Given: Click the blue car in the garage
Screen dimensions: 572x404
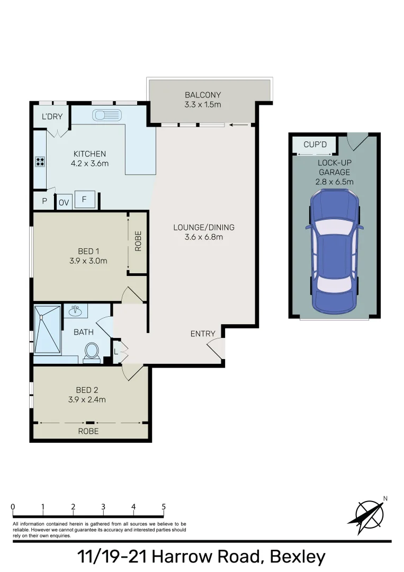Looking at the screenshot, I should click(x=334, y=252).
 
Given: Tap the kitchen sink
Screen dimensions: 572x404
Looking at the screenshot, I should click(x=107, y=115).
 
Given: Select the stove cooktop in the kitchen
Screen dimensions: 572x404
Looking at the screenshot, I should click(x=40, y=162).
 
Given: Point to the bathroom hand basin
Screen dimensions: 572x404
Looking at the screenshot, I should click(x=76, y=310).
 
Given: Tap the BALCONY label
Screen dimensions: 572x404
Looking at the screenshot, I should click(x=203, y=95).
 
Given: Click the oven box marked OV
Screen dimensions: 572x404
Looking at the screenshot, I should click(x=64, y=202).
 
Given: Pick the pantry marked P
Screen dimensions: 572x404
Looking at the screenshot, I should click(x=44, y=201).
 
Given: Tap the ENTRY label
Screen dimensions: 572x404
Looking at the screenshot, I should click(x=203, y=334).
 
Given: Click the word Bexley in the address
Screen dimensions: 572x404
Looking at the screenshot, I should click(x=297, y=557).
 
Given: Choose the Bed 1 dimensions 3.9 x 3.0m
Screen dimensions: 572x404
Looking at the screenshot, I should click(x=88, y=261).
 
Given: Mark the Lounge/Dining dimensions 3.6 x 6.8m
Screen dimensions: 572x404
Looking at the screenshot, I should click(x=203, y=237).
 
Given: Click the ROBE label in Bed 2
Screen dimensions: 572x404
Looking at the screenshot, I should click(x=88, y=431).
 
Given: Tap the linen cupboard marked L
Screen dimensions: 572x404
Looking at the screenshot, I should click(x=116, y=352).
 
